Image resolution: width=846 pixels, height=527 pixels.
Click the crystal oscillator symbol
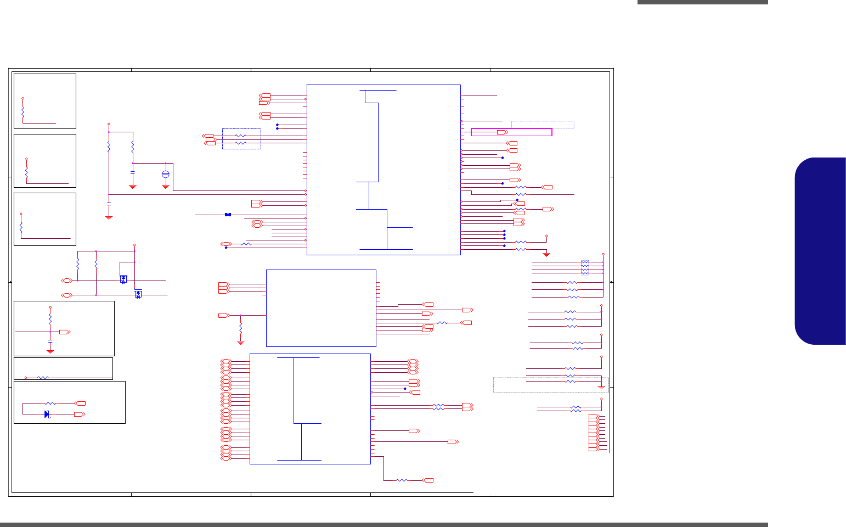coord(166,174)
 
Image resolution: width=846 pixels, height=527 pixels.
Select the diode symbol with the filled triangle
coord(47,414)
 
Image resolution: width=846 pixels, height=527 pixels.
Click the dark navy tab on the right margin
coord(820,251)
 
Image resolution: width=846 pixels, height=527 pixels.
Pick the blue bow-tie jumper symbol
coord(228,215)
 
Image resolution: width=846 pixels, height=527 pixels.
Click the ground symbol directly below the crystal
coord(166,187)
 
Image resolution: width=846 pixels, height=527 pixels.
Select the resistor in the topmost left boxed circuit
coord(22,112)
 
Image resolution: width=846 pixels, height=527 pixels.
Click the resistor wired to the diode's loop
coord(50,403)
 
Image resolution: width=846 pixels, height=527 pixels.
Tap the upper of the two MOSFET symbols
coord(123,279)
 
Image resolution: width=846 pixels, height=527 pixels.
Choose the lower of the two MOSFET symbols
coord(138,294)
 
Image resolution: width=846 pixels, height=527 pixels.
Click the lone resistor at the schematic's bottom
coord(402,480)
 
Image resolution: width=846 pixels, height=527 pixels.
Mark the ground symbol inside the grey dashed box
coord(601,388)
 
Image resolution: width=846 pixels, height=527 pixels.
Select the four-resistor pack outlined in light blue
coord(585,267)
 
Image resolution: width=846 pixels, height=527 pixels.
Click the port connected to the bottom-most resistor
coord(428,480)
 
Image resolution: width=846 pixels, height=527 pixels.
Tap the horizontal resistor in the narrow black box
coord(42,378)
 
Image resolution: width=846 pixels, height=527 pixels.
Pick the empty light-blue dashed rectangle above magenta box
coord(542,125)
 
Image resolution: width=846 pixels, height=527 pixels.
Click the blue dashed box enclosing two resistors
coord(241,139)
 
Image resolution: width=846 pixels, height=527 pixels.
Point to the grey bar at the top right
coord(702,2)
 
